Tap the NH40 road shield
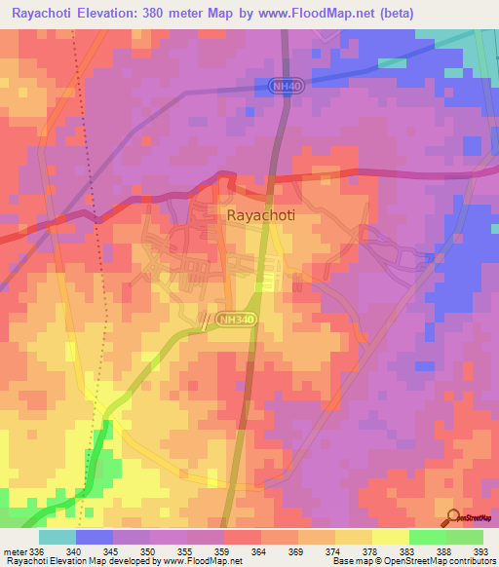(284, 87)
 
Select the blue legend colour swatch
(94, 537)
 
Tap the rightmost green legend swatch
(465, 537)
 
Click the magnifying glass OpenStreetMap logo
(452, 516)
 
